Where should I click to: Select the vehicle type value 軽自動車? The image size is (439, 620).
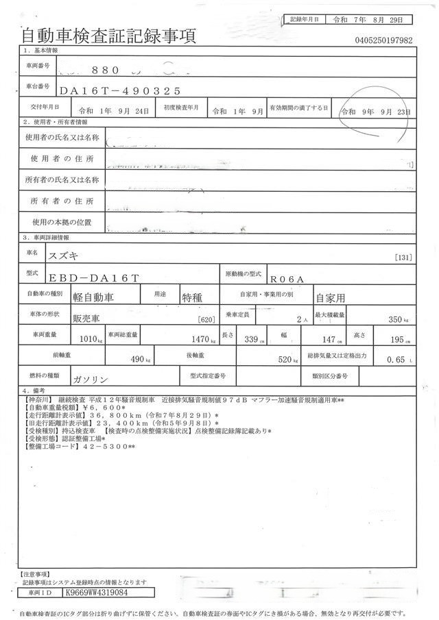coord(93,297)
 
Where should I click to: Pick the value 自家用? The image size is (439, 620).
coord(333,298)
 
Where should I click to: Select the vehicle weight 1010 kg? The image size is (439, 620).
coord(90,338)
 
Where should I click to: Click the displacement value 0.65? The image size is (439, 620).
coord(396,358)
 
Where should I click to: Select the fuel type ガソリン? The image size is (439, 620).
coord(90,377)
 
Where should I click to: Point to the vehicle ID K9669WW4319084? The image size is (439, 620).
coord(96,591)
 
